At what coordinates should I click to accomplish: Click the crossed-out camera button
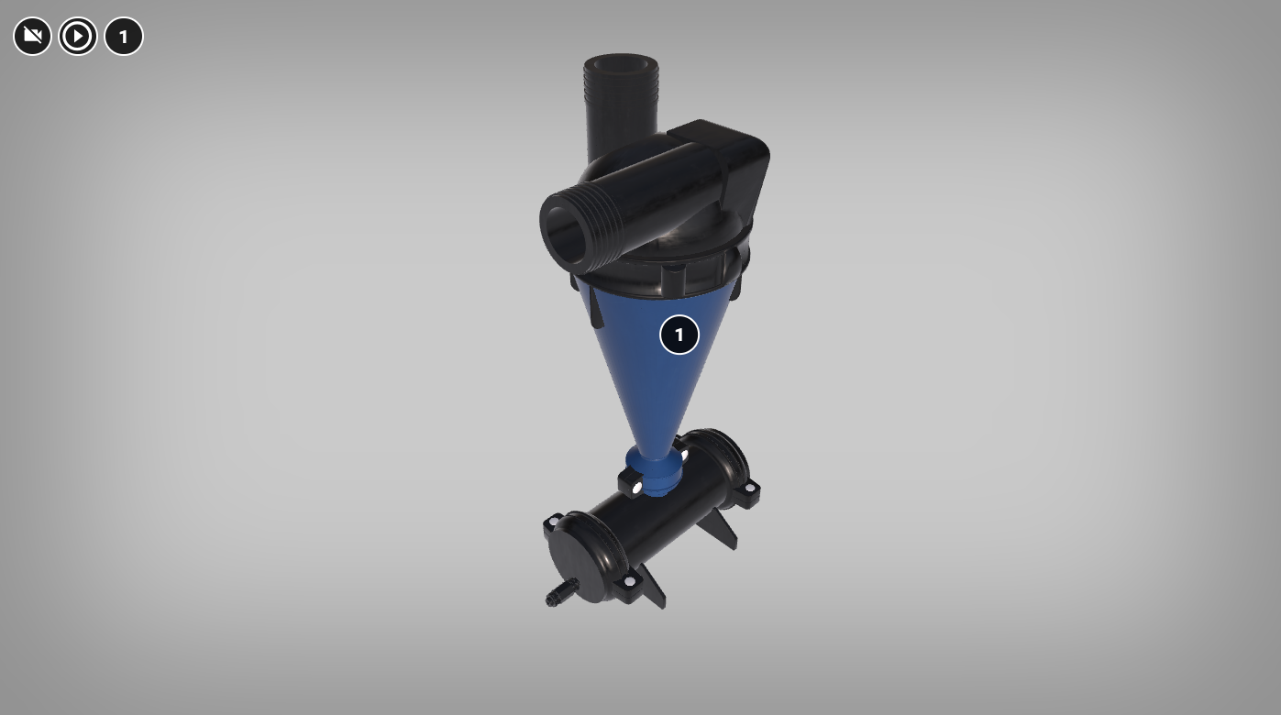tap(33, 37)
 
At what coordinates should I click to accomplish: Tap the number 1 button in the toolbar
tap(124, 37)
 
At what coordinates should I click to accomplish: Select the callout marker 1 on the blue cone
tap(679, 335)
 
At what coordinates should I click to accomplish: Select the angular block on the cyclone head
tap(729, 163)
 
